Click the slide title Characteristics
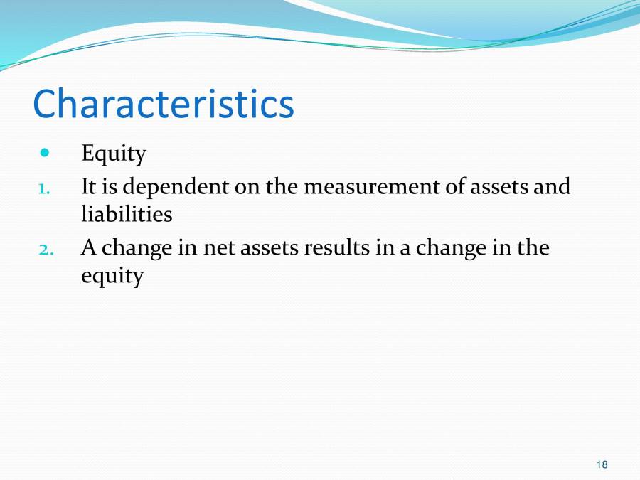click(x=163, y=104)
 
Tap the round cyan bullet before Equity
click(x=46, y=152)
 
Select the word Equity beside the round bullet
click(x=114, y=154)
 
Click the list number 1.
click(x=43, y=188)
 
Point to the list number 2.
click(x=44, y=249)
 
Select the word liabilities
click(x=127, y=213)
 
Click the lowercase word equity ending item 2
click(x=112, y=276)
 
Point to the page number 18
click(x=602, y=465)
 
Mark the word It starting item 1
click(x=89, y=187)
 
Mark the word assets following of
click(x=498, y=188)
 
